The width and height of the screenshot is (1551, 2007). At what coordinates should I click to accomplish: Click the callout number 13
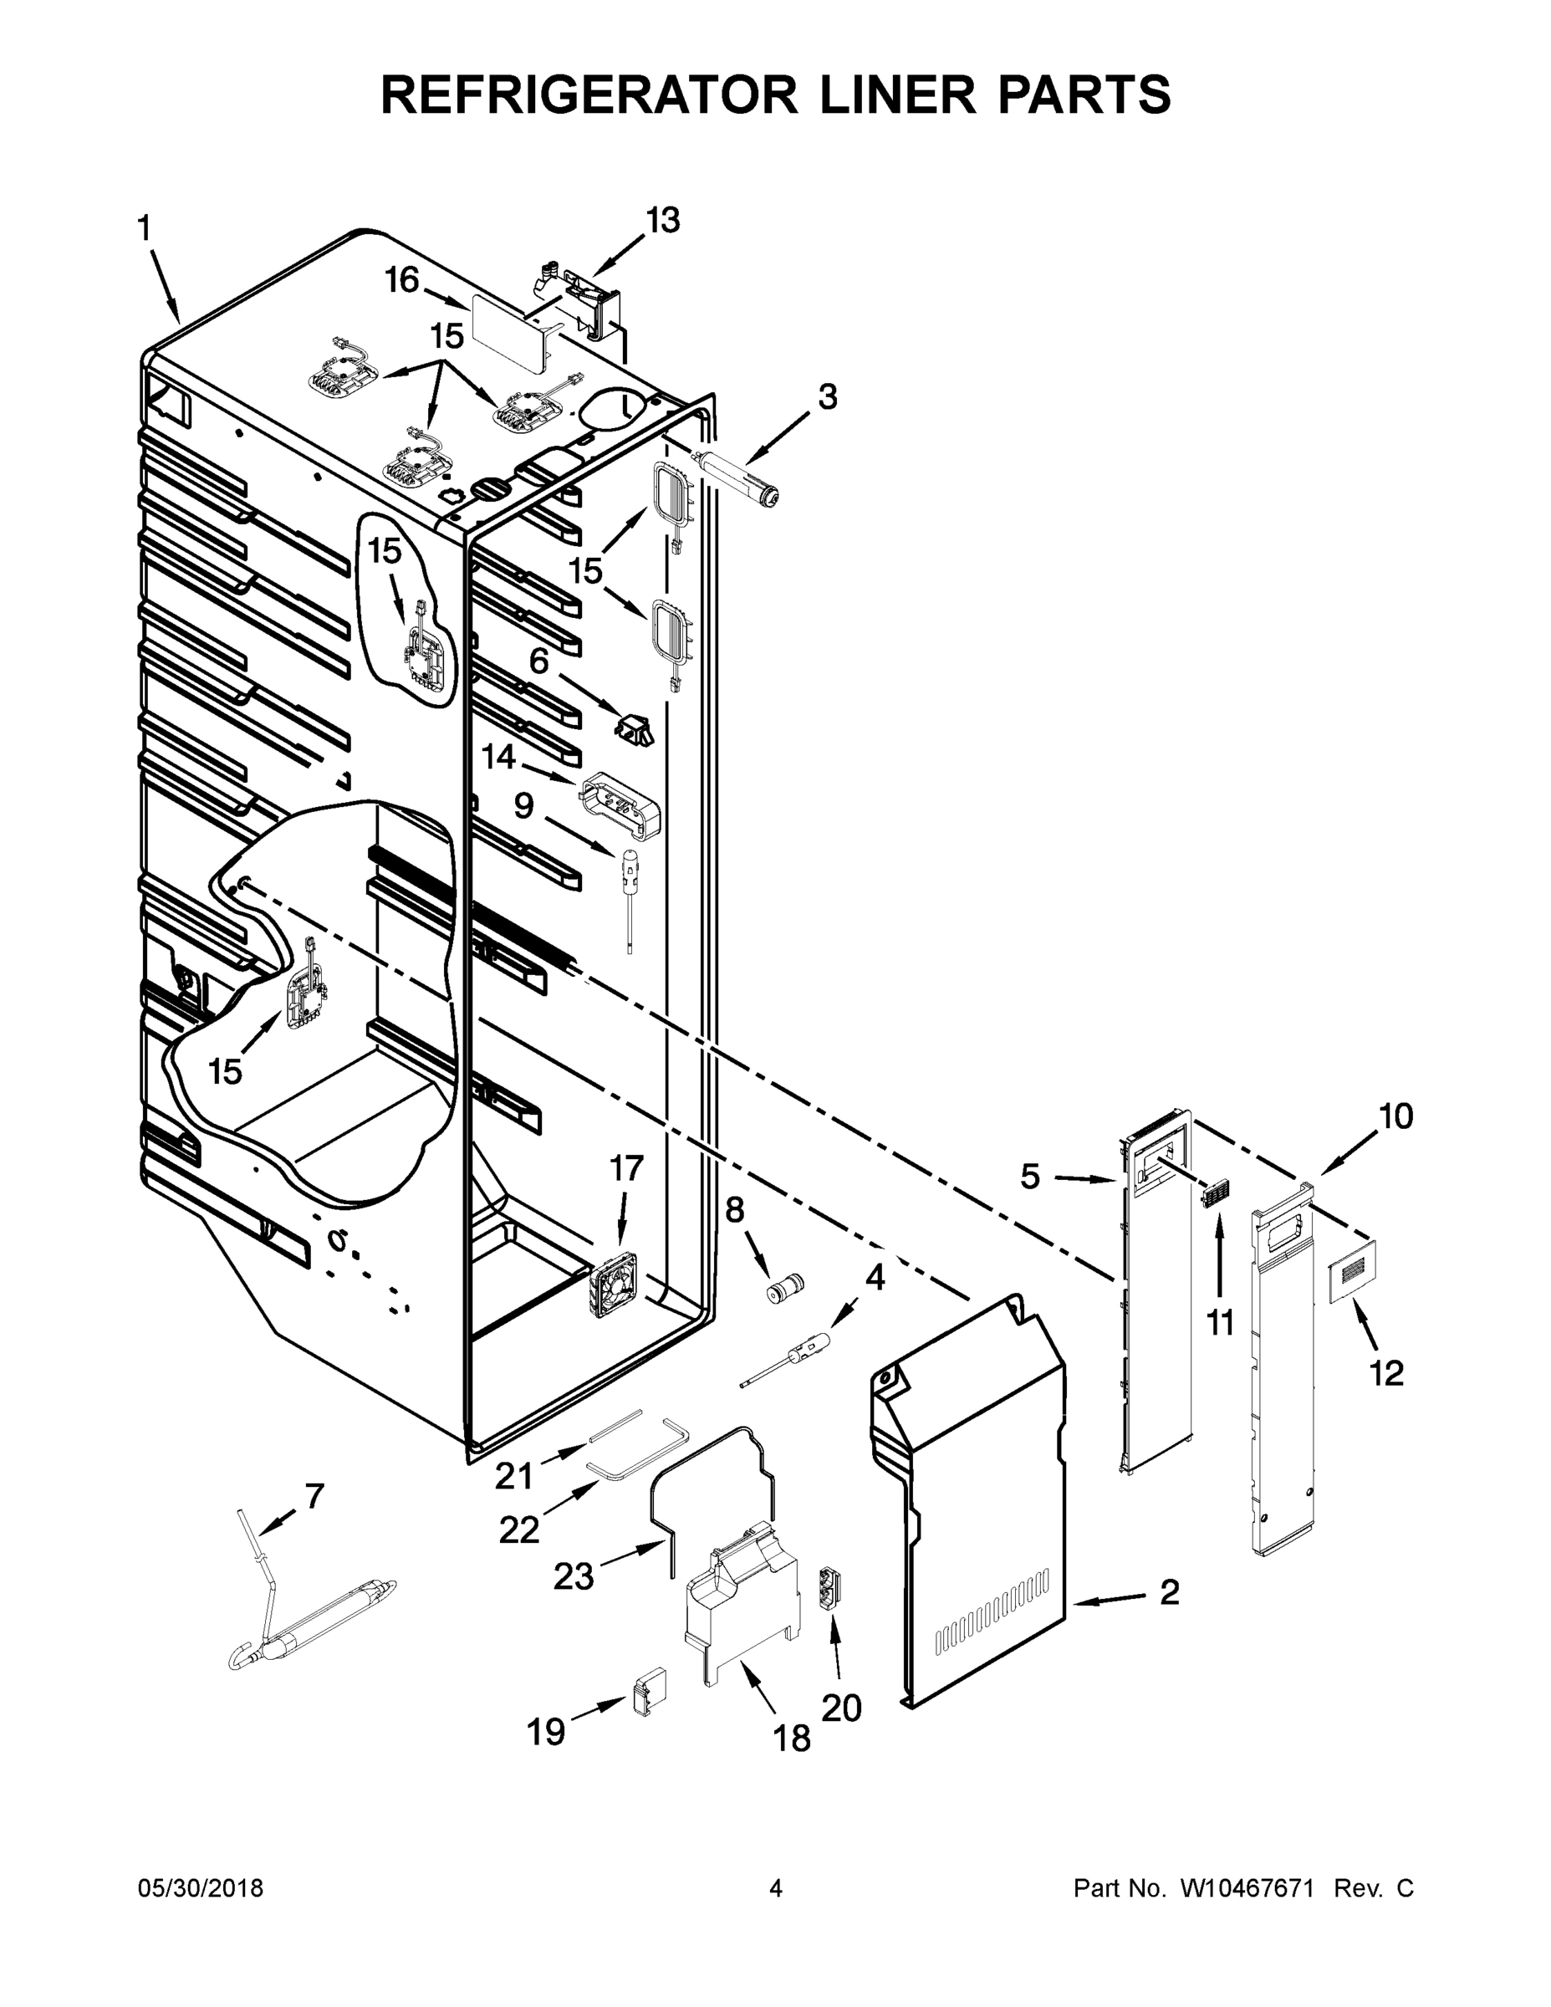(662, 221)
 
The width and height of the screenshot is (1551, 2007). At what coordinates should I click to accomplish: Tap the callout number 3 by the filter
(828, 397)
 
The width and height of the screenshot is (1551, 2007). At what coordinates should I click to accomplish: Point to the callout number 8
(735, 1210)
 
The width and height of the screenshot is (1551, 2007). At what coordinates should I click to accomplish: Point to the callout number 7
(314, 1497)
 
